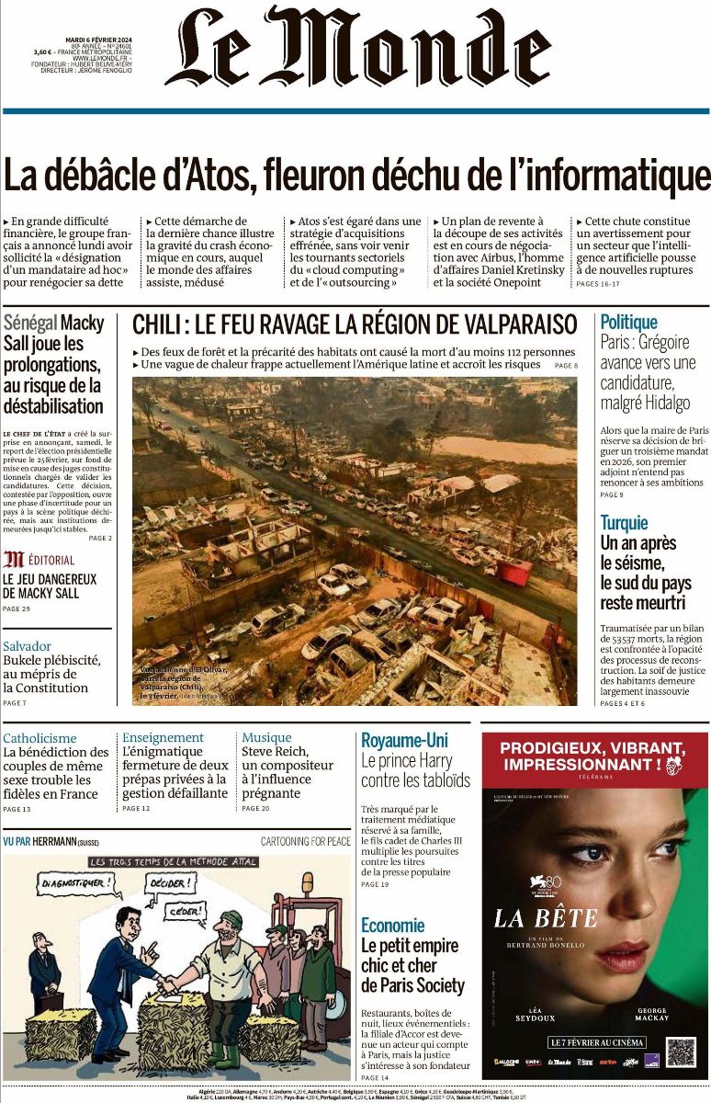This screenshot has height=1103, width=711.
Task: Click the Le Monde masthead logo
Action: [358, 48]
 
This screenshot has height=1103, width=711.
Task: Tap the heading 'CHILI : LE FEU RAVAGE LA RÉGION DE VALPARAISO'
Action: [355, 324]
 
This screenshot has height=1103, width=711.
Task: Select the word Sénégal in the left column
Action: [29, 324]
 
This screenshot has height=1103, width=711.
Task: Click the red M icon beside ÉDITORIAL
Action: [14, 559]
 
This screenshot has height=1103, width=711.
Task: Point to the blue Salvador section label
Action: [27, 646]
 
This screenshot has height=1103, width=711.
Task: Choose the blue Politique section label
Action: [628, 322]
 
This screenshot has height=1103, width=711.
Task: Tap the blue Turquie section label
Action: [624, 522]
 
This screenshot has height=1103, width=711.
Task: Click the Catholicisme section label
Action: [39, 738]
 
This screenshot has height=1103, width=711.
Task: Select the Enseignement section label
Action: [163, 737]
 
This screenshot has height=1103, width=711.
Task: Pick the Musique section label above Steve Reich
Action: [266, 737]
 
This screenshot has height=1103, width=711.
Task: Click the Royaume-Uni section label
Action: [404, 740]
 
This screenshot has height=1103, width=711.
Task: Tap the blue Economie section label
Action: [392, 925]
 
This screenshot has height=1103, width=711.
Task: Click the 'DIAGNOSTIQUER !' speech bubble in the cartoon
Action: [80, 886]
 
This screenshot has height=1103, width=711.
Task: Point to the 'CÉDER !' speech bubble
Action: [188, 912]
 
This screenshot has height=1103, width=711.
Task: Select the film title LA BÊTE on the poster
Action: [545, 917]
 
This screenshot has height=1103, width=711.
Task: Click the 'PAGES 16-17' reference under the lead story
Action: [597, 284]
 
